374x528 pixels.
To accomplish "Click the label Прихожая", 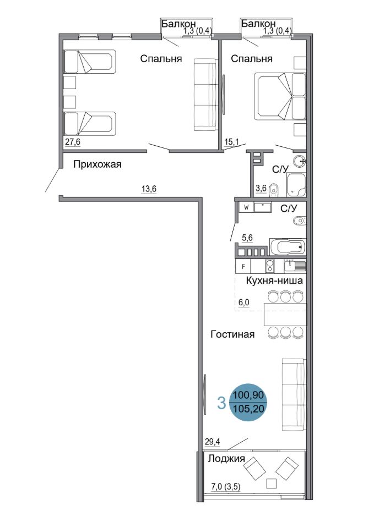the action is click(x=97, y=164).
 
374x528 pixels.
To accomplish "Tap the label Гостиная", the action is click(x=232, y=334).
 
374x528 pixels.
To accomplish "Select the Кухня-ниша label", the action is click(x=274, y=280).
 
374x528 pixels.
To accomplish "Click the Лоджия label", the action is click(x=226, y=459).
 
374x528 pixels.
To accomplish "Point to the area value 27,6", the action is click(x=73, y=142).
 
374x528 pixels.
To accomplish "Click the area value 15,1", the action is click(x=231, y=142).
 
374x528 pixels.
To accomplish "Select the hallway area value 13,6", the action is click(x=149, y=189).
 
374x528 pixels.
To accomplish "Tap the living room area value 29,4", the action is click(x=212, y=442).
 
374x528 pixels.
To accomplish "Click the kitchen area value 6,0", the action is click(x=244, y=302).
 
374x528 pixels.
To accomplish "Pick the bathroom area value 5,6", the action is click(x=247, y=238).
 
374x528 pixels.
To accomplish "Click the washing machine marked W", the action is click(x=247, y=207).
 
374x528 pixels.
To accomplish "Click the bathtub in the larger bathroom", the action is click(x=288, y=247).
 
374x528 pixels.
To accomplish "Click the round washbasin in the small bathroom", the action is click(x=300, y=162).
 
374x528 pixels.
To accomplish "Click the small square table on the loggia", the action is click(x=271, y=483).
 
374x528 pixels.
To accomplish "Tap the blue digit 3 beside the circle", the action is click(x=221, y=403).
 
